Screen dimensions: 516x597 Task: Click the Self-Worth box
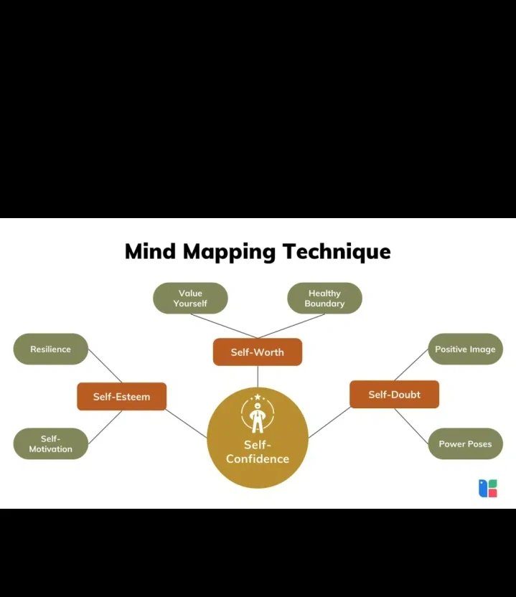[x=258, y=352]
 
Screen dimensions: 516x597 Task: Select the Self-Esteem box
[x=121, y=396]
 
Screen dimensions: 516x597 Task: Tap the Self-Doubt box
[x=394, y=394]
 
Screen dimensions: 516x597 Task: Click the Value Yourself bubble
[x=190, y=298]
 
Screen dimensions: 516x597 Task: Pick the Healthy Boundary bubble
[x=324, y=298]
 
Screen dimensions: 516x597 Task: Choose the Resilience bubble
[x=51, y=349]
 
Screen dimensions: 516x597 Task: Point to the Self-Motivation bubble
[x=51, y=443]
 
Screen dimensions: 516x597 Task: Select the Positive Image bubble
[x=465, y=349]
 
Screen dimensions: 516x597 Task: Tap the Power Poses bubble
[x=465, y=443]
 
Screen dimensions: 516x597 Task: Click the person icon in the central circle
[x=258, y=418]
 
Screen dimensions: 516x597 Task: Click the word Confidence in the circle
[x=258, y=459]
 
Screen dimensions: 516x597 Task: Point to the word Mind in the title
[x=150, y=251]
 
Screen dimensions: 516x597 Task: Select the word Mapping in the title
[x=229, y=253]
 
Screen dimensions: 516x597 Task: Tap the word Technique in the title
[x=337, y=252]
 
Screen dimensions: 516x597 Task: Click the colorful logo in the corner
[x=488, y=488]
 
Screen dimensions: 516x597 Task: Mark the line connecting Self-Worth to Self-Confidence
[x=258, y=377]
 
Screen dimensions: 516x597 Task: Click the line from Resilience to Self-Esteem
[x=105, y=366]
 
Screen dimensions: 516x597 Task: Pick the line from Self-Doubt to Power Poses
[x=411, y=426]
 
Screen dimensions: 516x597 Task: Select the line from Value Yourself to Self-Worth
[x=224, y=326]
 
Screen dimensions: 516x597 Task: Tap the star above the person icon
[x=258, y=397]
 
